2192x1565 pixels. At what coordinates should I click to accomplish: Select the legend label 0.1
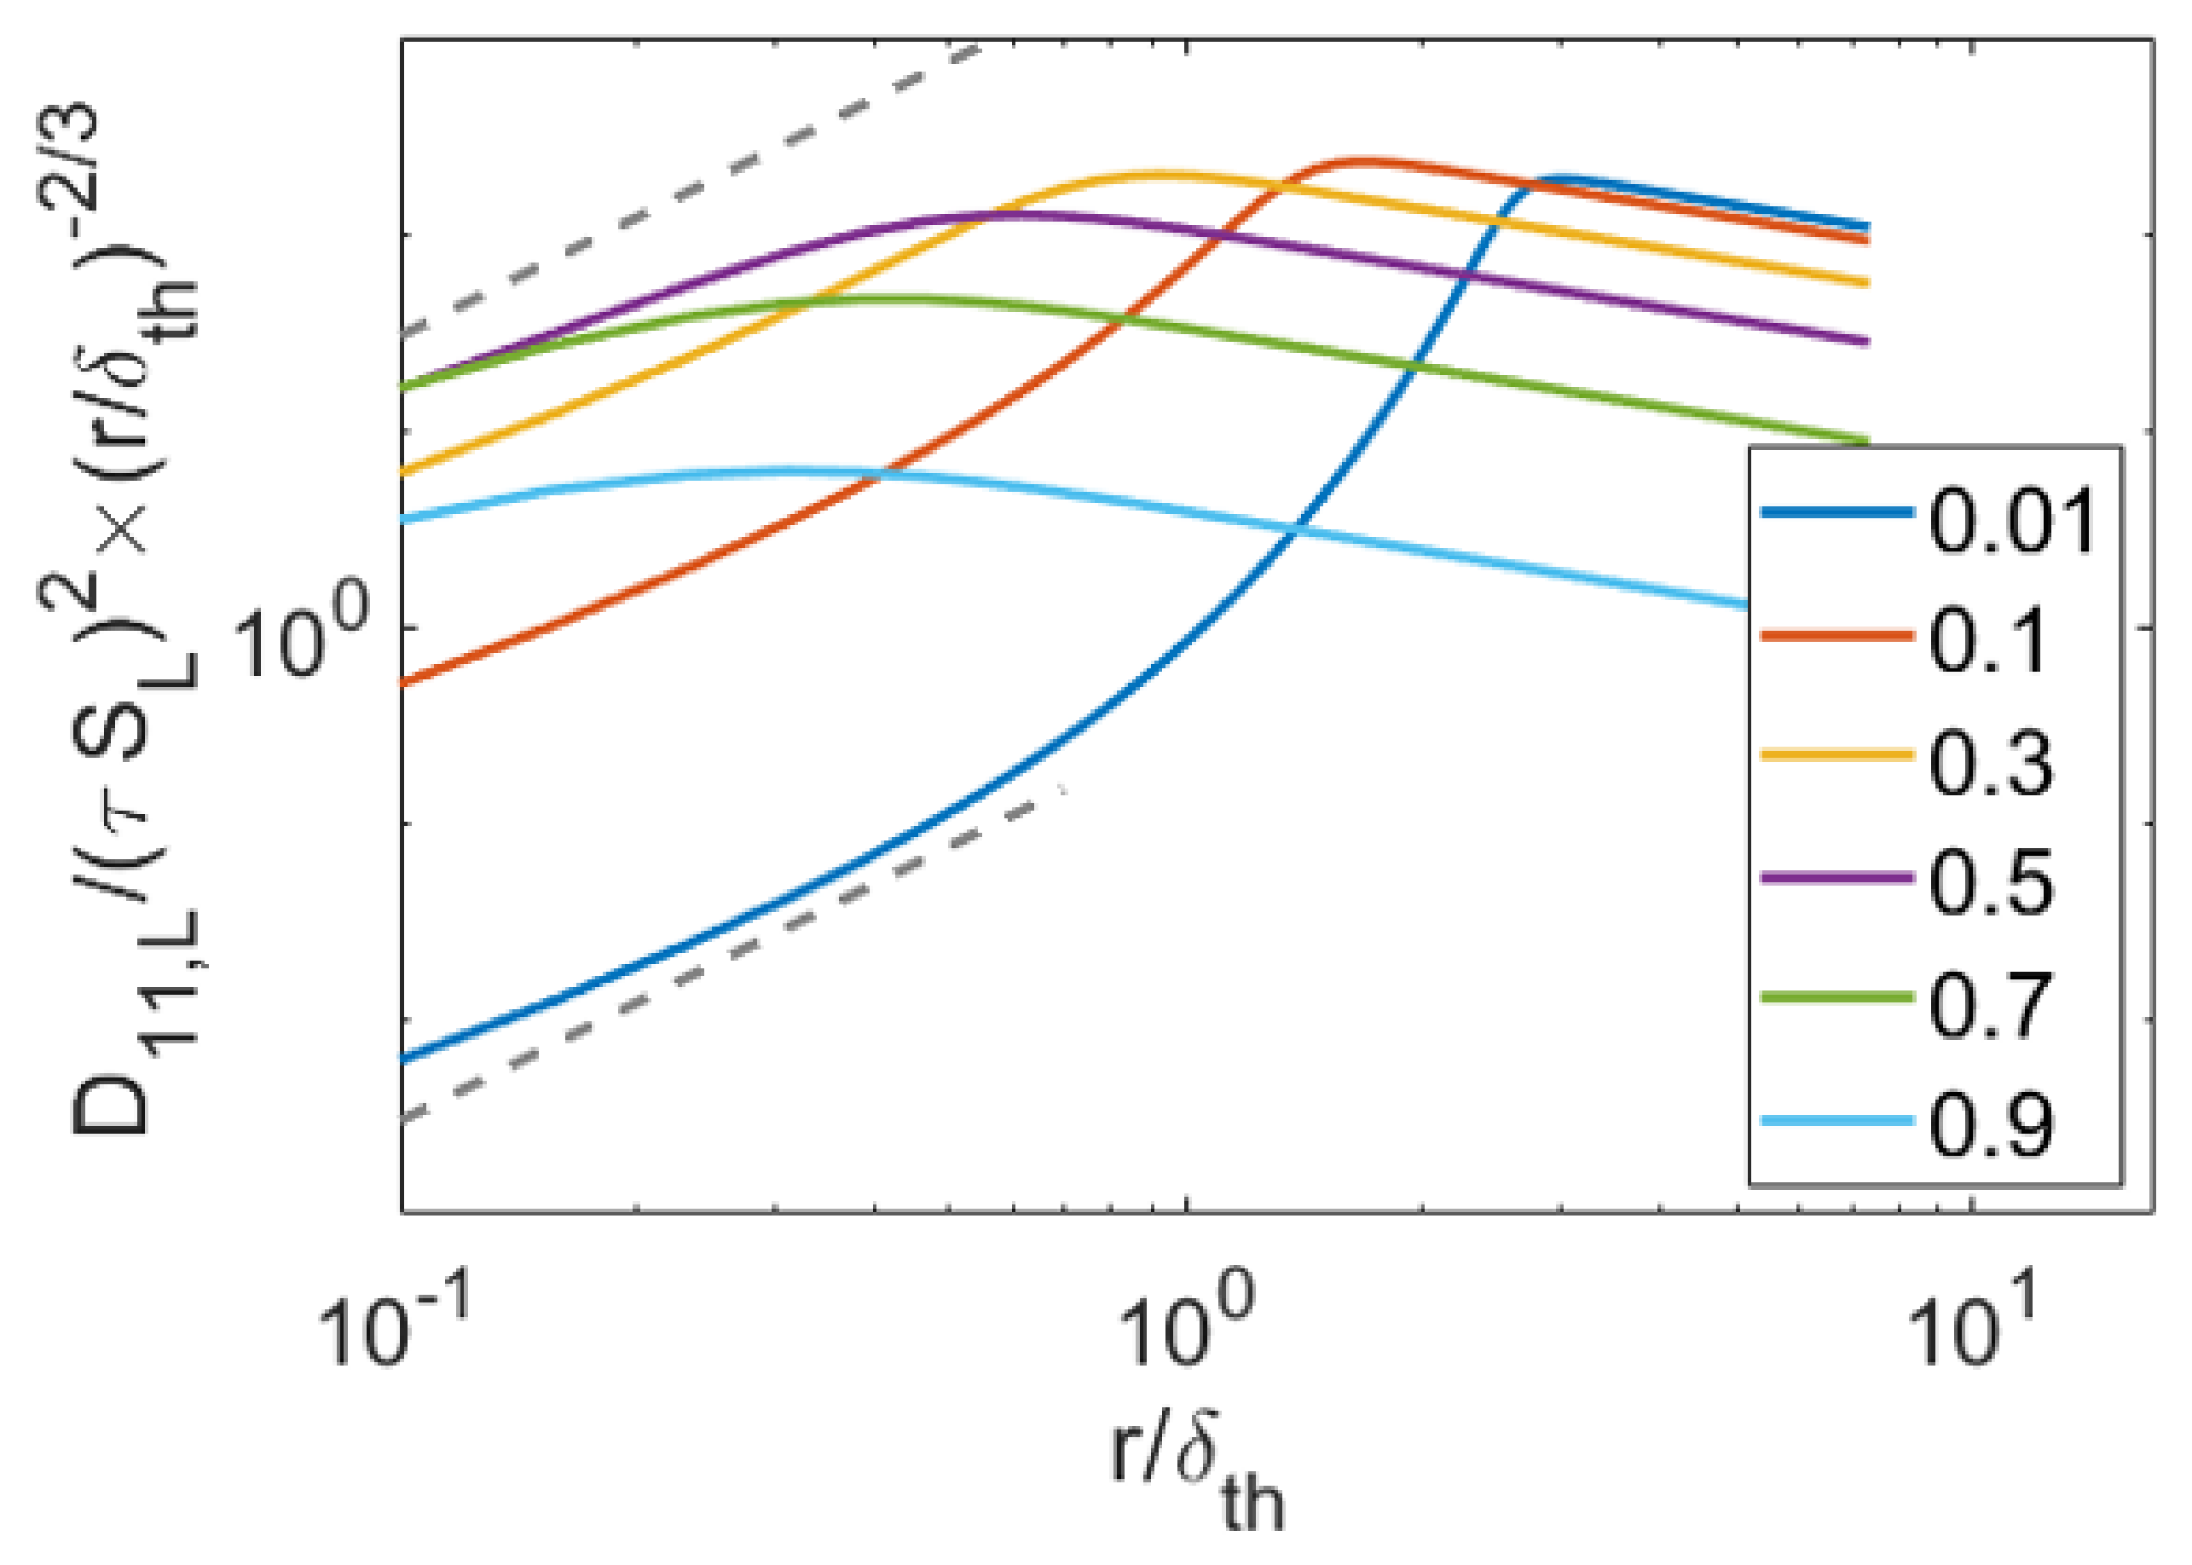pos(1987,641)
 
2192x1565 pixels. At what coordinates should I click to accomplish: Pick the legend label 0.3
pos(1991,762)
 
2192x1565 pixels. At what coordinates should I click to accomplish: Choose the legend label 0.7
pos(1991,1004)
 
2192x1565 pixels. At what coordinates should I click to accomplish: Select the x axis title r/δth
pos(1195,1484)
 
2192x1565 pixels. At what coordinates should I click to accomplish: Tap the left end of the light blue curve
pos(405,519)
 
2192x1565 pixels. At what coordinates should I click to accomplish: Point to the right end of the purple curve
pos(1866,341)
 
